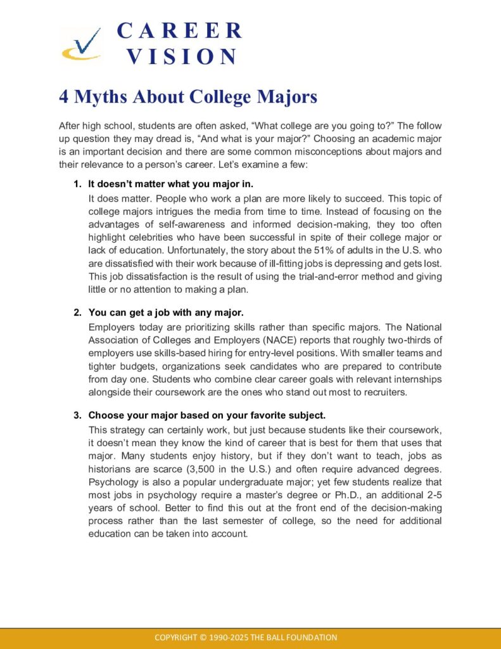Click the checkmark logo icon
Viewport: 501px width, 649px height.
[x=80, y=45]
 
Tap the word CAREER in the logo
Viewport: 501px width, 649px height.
[x=180, y=30]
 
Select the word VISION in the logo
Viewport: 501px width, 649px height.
[x=181, y=56]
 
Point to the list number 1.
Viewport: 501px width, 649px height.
[x=77, y=184]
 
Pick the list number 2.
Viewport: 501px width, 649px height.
[x=77, y=312]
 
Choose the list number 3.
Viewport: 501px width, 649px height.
[x=77, y=415]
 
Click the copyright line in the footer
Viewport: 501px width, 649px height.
[x=246, y=637]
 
